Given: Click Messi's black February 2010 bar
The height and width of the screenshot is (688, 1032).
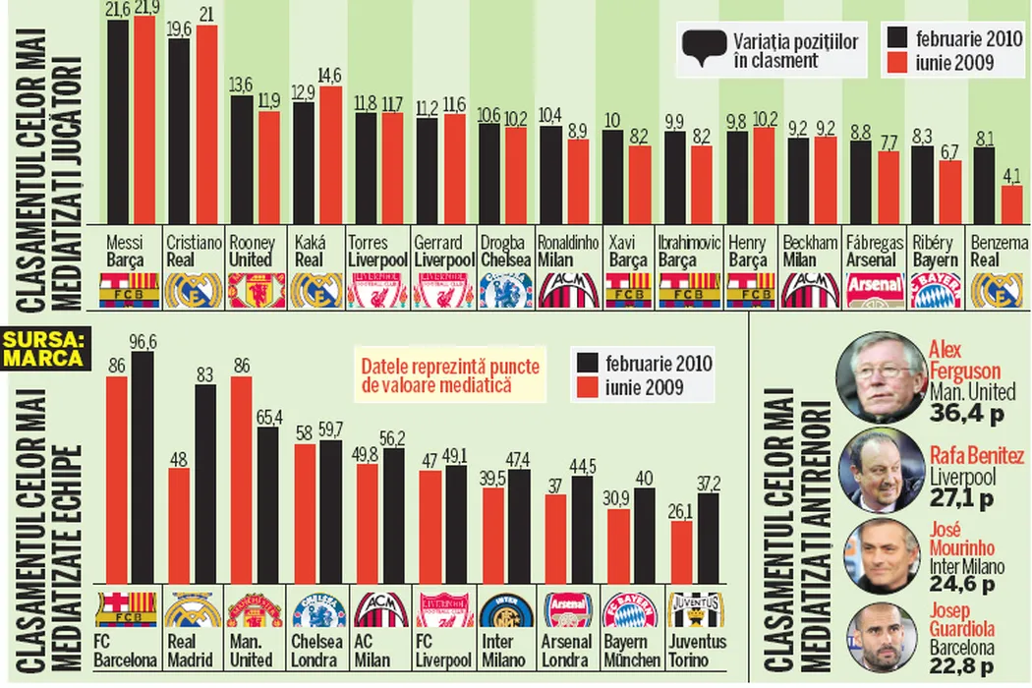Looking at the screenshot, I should [x=118, y=123].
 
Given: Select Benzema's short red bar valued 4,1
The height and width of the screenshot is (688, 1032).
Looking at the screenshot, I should [x=1011, y=204].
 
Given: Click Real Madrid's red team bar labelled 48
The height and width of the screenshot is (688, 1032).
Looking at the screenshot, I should [x=179, y=526].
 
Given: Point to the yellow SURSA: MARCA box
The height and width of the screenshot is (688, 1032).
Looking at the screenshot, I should [x=43, y=349].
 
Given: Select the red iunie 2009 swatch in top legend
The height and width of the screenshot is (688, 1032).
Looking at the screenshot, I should [x=897, y=64].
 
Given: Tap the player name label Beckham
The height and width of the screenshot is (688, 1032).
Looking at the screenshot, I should [x=811, y=243].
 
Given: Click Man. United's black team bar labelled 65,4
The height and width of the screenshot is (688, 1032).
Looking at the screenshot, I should [x=267, y=505].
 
